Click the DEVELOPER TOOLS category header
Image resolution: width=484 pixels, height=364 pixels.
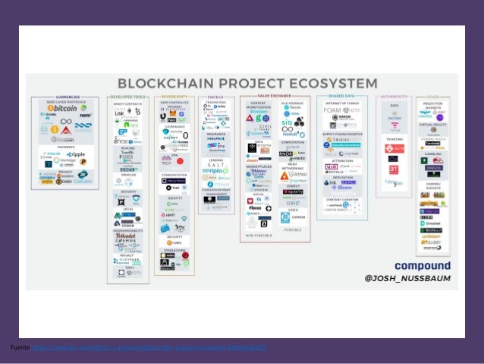point(127,97)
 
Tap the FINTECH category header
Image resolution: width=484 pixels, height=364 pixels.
point(216,97)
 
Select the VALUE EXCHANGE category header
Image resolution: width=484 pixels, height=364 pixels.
point(275,97)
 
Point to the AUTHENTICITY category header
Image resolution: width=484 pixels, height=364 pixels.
point(394,97)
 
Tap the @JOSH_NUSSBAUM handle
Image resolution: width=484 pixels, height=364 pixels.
point(407,280)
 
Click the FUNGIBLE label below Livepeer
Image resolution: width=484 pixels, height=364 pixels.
point(291,229)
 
